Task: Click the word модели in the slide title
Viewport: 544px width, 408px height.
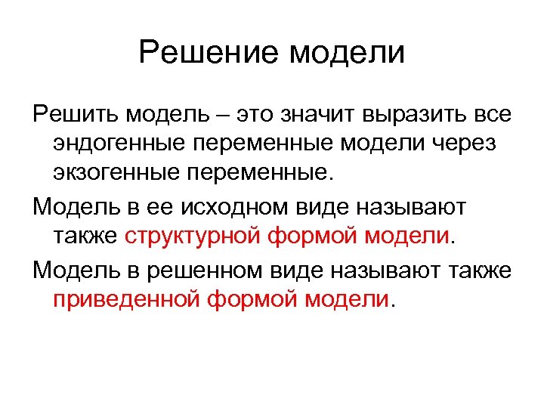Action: (348, 54)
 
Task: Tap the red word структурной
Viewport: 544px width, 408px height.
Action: (192, 235)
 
